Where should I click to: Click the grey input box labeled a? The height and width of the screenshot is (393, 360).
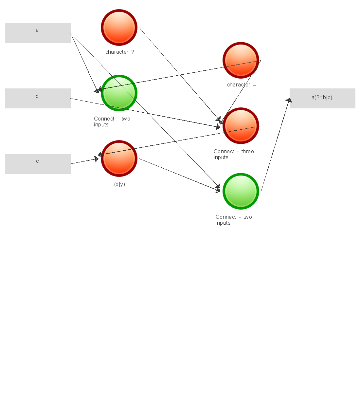tap(38, 33)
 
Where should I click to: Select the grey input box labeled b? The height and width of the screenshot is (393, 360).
tap(38, 98)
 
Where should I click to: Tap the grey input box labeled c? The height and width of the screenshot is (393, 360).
tap(38, 164)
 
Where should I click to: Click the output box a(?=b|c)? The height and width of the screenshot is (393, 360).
tap(322, 98)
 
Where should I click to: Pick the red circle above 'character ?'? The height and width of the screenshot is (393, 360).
tap(119, 28)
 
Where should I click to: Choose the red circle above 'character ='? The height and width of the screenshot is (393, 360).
tap(241, 60)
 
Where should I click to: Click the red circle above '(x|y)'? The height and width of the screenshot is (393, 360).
tap(119, 159)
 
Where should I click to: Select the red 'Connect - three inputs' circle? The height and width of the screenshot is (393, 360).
tap(241, 126)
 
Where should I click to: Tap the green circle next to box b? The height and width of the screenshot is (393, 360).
tap(119, 93)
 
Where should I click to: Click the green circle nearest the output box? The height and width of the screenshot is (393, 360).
tap(241, 191)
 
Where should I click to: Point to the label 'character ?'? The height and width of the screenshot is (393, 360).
tap(119, 52)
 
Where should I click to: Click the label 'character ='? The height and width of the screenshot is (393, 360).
tap(242, 85)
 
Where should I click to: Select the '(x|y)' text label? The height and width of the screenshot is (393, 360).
tap(119, 184)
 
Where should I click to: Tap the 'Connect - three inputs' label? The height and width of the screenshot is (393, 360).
tap(234, 154)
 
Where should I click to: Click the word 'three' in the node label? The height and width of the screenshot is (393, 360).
tap(248, 151)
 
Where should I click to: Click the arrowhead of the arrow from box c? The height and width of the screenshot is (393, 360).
tap(96, 159)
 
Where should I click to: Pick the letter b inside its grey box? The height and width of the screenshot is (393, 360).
tap(37, 96)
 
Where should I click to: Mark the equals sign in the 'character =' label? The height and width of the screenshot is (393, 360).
tap(255, 85)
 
